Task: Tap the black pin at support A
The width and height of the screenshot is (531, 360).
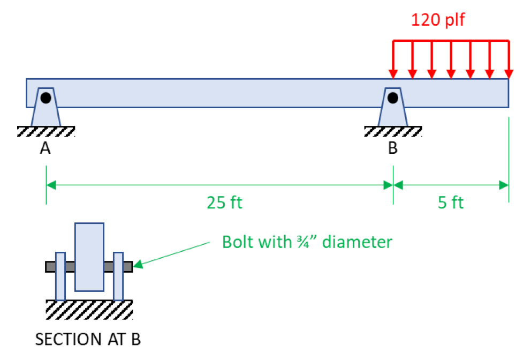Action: coord(45,98)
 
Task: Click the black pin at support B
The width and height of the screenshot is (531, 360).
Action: coord(393,98)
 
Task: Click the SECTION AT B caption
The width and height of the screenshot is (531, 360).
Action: coord(88,339)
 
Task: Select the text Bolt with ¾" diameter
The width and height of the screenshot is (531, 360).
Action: coord(307,242)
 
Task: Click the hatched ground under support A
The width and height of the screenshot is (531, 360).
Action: coord(45,131)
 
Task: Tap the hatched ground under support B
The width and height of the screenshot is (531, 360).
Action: coord(393,131)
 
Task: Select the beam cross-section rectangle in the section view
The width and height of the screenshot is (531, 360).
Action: coord(89,257)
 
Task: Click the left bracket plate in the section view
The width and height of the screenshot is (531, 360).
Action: coord(60,276)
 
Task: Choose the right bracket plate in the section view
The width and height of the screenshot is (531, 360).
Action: coord(118,276)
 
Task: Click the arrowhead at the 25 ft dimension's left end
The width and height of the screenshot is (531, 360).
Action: coord(51,185)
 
